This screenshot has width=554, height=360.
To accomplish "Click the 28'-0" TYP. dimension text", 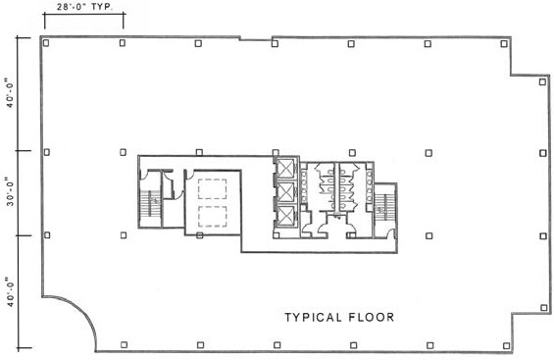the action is coord(84,7).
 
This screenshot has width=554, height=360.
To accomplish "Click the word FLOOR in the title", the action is coord(372,317).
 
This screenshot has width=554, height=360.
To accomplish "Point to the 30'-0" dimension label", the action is coord(10,193).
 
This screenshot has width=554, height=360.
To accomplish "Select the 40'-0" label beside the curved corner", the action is coord(10,291).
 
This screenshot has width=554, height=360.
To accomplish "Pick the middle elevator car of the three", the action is coord(285,192).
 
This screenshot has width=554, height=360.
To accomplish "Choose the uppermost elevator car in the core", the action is coord(285,168).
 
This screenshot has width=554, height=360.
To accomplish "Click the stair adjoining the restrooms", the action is coord(381,207).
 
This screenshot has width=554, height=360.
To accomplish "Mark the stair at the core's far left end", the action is coord(150,203).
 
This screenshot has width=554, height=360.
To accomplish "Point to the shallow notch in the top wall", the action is coord(256,39).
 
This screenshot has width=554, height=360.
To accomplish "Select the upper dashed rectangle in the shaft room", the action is coord(212,189).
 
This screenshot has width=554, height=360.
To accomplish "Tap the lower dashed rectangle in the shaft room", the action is coord(212,217).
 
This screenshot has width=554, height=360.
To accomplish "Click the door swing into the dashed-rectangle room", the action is coord(189,173).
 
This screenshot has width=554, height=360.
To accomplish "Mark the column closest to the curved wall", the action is coord(124,344).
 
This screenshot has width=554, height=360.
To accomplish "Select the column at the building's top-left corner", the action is coord(46,43).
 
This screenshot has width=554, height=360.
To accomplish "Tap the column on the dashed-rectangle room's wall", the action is coord(200,235).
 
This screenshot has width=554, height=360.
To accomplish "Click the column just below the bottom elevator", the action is coord(277,235).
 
